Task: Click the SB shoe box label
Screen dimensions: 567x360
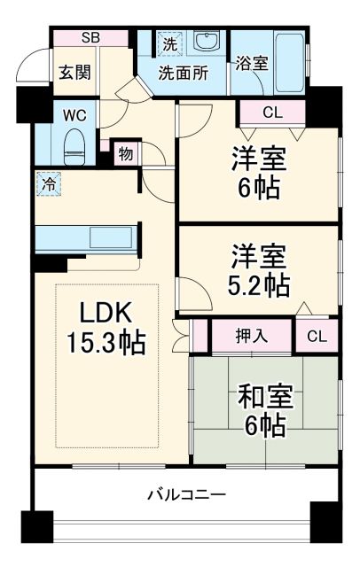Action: pos(90,37)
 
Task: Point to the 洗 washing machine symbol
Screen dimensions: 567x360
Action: pos(168,43)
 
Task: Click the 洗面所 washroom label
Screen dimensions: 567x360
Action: pos(184,74)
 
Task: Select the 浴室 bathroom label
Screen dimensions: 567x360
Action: pos(252,63)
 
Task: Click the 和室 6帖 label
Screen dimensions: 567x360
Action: pos(263,409)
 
